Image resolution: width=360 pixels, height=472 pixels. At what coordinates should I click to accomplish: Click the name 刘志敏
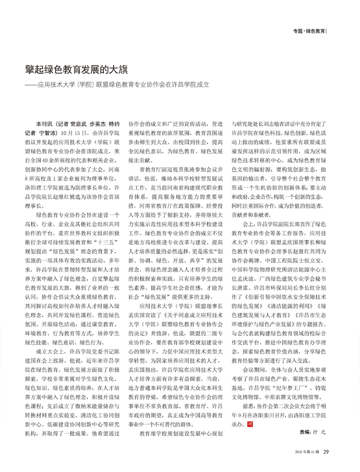[x=269, y=124]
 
